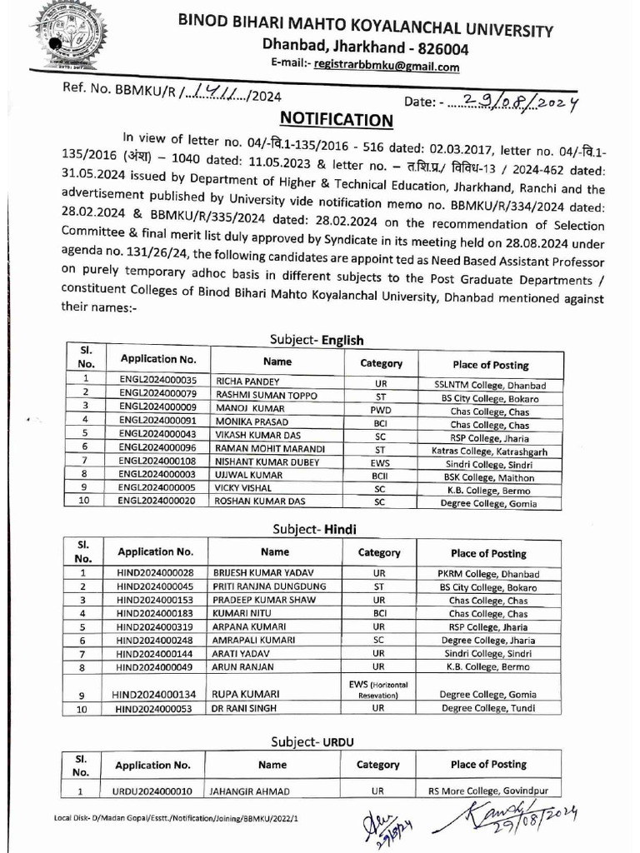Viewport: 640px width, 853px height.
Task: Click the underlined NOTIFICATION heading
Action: click(336, 119)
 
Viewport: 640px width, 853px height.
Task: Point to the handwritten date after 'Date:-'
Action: click(512, 101)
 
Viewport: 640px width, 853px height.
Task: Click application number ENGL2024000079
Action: click(157, 398)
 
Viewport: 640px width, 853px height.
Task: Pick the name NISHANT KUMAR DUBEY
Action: click(265, 464)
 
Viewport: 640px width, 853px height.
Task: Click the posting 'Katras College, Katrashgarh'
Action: click(490, 451)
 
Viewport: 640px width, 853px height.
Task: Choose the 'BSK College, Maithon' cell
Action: click(490, 477)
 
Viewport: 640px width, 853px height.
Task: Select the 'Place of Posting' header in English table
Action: click(490, 364)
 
